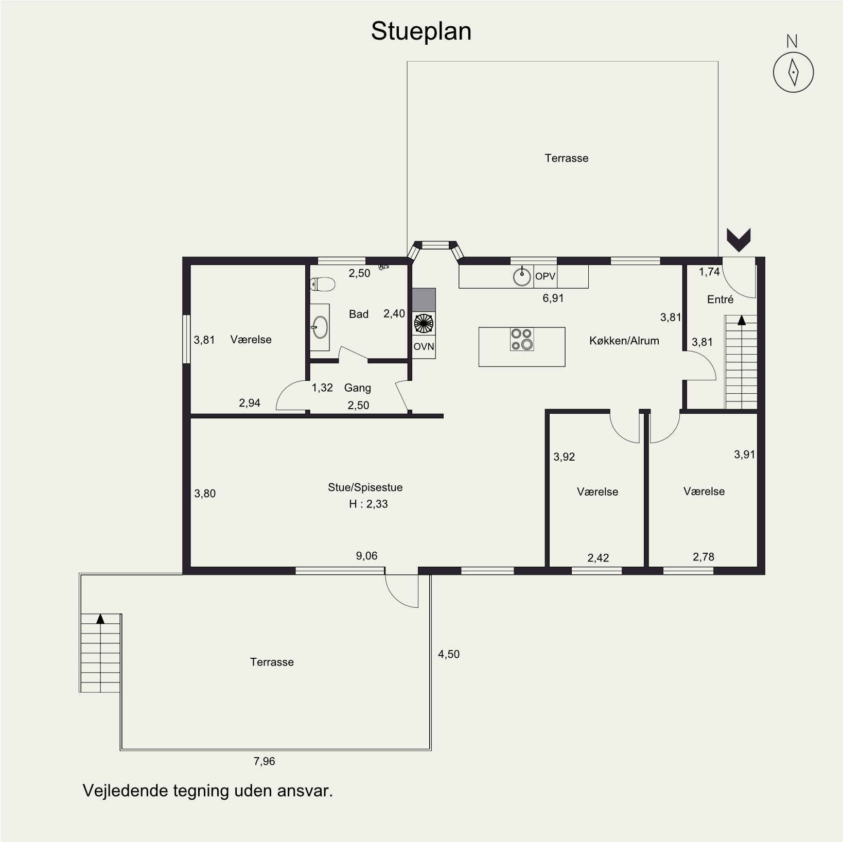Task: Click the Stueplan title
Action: click(x=421, y=31)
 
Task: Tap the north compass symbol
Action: click(x=793, y=72)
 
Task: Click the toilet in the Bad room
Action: click(x=323, y=284)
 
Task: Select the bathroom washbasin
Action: click(x=320, y=327)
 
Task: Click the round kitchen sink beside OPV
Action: click(x=522, y=276)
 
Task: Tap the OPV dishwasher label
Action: click(x=545, y=276)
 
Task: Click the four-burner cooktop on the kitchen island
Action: click(x=522, y=339)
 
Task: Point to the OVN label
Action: click(x=424, y=347)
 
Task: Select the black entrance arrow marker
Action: click(x=739, y=240)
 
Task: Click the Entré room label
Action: click(x=720, y=299)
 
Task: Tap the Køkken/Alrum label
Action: click(x=624, y=340)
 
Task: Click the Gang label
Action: click(x=357, y=388)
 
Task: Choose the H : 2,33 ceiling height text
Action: click(x=368, y=504)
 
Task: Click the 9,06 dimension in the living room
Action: click(x=366, y=556)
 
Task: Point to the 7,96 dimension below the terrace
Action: click(x=264, y=761)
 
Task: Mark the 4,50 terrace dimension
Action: click(x=448, y=654)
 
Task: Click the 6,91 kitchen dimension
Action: click(x=553, y=298)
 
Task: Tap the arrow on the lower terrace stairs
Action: click(x=100, y=619)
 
